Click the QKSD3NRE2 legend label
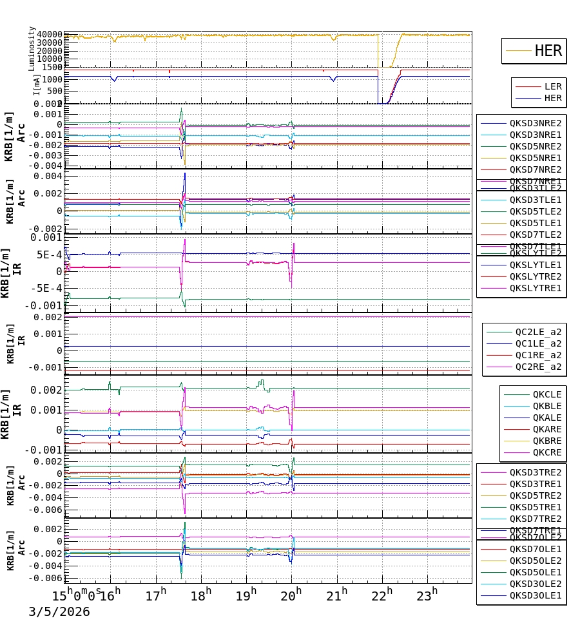(535, 123)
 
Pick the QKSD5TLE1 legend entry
(535, 223)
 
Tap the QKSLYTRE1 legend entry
(535, 288)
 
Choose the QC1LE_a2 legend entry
(537, 343)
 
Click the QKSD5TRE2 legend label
(535, 495)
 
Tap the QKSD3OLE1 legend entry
(535, 596)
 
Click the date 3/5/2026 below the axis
(59, 612)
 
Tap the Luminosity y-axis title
(32, 48)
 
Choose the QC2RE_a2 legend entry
(537, 367)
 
